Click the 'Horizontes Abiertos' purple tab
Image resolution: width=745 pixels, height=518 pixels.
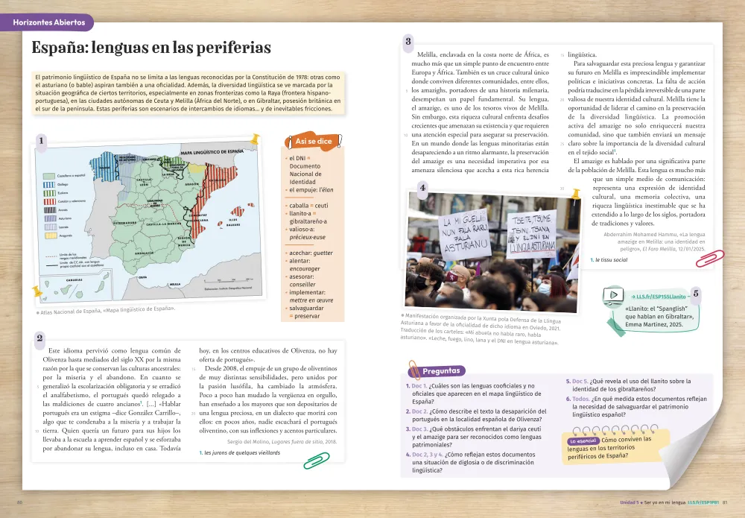49,22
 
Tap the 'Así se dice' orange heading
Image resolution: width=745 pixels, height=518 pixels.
314,141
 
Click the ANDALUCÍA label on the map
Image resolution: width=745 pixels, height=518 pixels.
144,253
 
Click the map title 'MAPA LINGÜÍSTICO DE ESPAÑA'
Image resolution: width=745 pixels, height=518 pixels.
212,152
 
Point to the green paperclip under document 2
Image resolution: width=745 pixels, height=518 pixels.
317,461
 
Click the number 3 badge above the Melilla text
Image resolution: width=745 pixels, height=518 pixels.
408,42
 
